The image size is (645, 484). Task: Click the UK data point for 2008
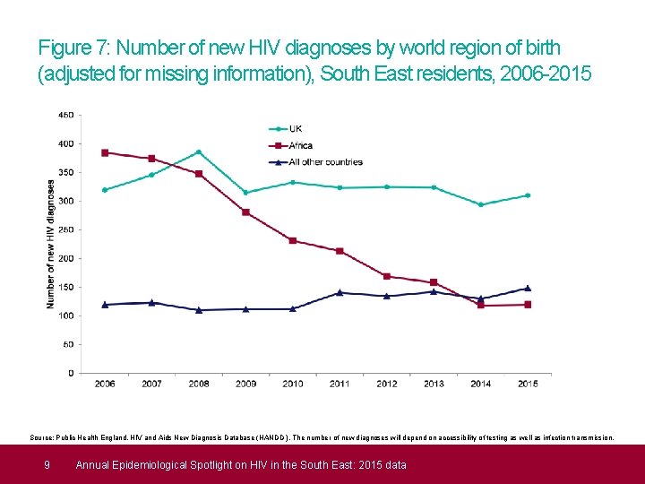[199, 151]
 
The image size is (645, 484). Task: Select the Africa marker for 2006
[105, 152]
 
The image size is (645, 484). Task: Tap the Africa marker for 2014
[481, 306]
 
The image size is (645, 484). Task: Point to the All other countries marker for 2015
[528, 289]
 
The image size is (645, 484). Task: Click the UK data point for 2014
[481, 204]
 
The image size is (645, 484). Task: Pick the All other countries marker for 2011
[340, 292]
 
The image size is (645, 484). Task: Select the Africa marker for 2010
[293, 240]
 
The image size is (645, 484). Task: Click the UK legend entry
[295, 128]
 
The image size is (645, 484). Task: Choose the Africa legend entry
[300, 145]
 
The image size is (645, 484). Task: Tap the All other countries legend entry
[325, 162]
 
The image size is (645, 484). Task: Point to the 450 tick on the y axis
[65, 115]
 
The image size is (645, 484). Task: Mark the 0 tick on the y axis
[71, 373]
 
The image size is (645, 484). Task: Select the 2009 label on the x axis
[245, 384]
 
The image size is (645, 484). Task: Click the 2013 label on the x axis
[434, 384]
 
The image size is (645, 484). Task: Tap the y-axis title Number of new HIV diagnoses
[51, 244]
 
